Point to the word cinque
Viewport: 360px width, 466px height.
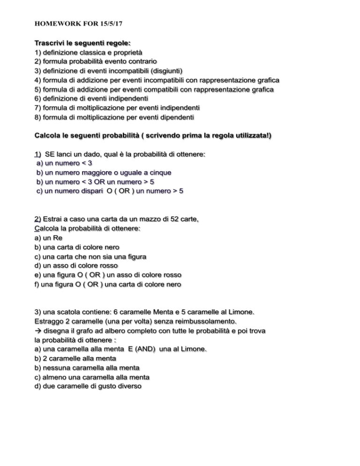point(159,173)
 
